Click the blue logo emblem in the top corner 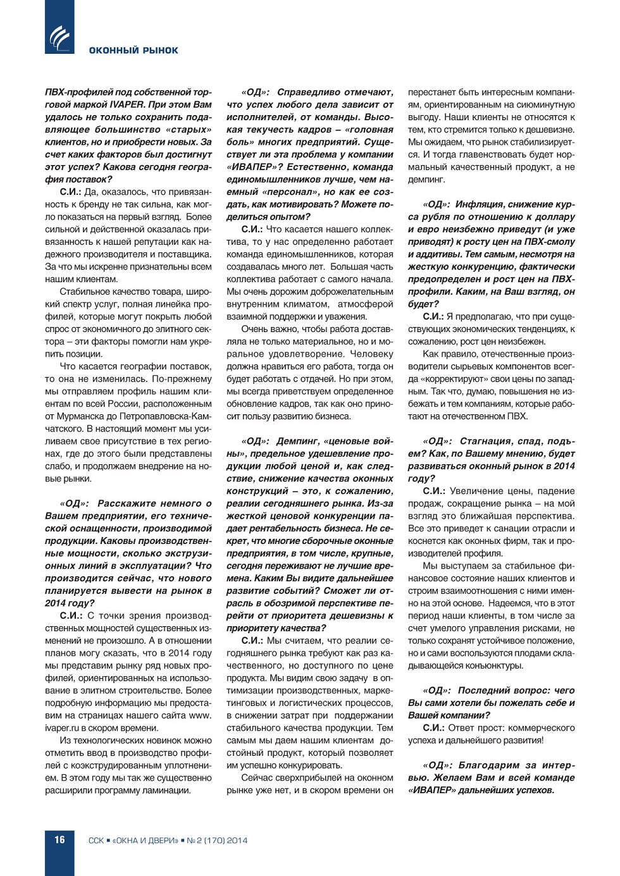tap(59, 37)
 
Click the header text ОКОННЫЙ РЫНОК tap(133, 51)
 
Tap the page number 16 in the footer tap(59, 840)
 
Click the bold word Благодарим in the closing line tap(488, 765)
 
